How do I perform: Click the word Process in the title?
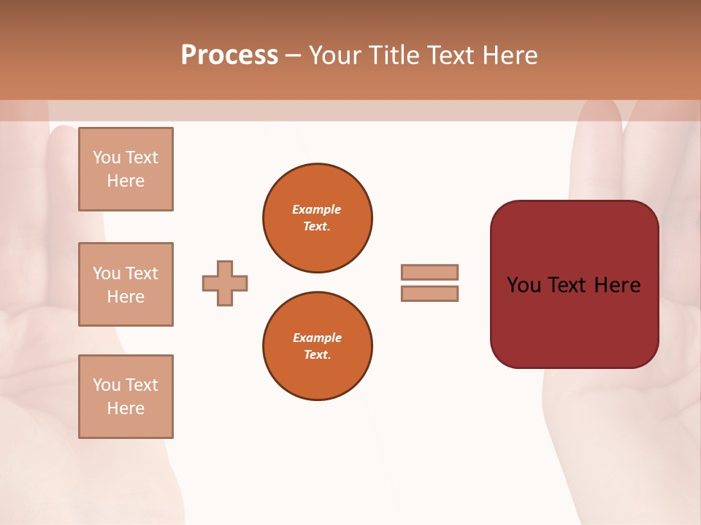[x=229, y=55]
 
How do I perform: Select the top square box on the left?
[x=126, y=169]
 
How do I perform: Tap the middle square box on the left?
[x=126, y=284]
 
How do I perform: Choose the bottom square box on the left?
[x=126, y=397]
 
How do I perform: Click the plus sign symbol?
[x=225, y=283]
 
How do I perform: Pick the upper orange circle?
[x=317, y=218]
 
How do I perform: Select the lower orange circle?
[x=317, y=346]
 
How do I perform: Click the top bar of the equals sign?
[x=429, y=272]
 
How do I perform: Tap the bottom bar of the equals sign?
[x=429, y=293]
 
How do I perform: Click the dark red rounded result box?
[x=574, y=321]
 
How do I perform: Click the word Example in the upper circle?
[x=317, y=209]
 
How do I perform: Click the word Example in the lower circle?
[x=317, y=338]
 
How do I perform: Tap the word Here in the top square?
[x=126, y=181]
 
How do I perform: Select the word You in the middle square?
[x=106, y=273]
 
